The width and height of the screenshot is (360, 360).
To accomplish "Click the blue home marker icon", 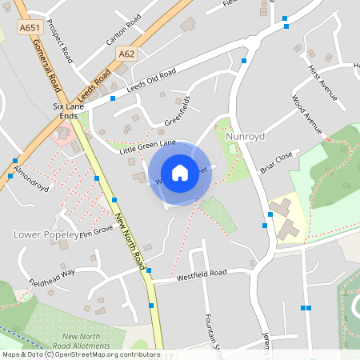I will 180,172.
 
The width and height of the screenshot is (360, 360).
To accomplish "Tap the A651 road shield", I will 30,27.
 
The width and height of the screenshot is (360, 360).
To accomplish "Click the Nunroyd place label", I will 245,137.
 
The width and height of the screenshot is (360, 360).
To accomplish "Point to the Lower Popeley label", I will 46,234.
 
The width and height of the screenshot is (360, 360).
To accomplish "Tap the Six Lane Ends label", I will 68,110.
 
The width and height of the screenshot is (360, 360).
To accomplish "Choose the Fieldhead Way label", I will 52,278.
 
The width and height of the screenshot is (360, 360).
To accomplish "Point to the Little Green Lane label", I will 147,146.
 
